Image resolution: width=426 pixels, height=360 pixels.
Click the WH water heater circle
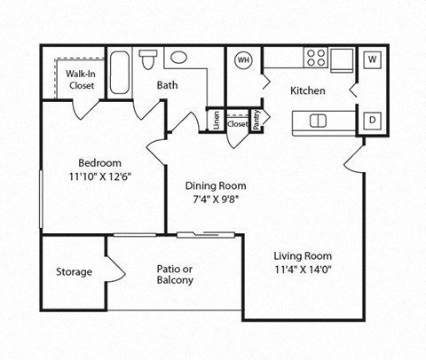point(242,60)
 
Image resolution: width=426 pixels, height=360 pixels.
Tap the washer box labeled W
point(372,59)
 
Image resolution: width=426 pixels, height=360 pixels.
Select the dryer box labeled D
point(372,119)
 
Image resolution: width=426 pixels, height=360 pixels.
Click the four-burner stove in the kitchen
point(315,58)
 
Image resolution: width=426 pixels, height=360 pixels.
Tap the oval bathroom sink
point(178,58)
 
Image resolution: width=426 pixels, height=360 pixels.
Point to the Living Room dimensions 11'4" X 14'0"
point(307,269)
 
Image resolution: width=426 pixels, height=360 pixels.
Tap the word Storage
point(74,271)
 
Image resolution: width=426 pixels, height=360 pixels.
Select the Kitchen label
point(308,90)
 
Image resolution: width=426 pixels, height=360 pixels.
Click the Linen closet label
point(215,118)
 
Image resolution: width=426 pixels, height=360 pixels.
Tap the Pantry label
point(256,121)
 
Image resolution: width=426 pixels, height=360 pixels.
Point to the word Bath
point(167,86)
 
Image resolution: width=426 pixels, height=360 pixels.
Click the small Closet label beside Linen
point(237,124)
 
